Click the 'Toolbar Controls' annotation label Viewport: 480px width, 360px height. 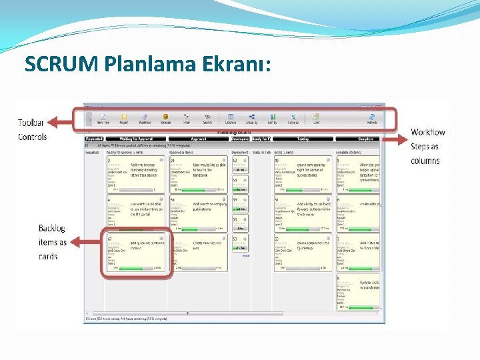tap(32, 130)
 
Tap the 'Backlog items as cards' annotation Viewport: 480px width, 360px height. tap(52, 242)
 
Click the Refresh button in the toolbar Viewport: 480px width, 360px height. tap(371, 119)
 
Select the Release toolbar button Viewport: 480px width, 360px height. tap(165, 119)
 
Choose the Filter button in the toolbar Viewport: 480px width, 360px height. tap(187, 119)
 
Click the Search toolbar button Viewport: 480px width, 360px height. tap(207, 119)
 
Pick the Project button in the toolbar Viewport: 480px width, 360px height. tap(123, 119)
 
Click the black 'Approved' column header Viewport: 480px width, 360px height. tap(199, 139)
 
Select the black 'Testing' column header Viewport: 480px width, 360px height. tap(303, 139)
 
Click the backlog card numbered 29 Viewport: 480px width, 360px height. tap(199, 174)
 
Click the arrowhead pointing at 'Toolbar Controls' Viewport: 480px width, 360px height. tap(51, 122)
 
